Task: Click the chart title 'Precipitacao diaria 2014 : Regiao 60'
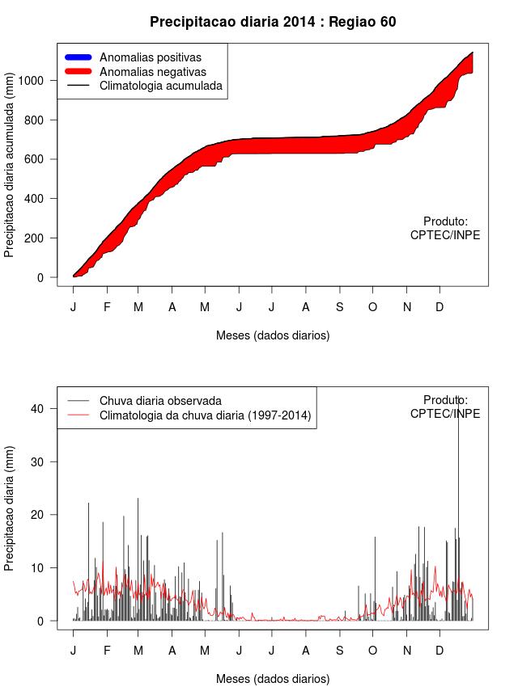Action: tap(273, 22)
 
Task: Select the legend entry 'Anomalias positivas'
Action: tap(150, 57)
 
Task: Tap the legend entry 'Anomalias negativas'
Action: tap(151, 72)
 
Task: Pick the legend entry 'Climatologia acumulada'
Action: tap(160, 86)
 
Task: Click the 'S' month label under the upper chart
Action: tap(340, 307)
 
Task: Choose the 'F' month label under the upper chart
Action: tap(106, 307)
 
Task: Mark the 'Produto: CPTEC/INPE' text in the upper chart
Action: tap(445, 229)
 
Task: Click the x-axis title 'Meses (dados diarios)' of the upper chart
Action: tap(273, 335)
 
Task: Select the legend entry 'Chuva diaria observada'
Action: tap(160, 400)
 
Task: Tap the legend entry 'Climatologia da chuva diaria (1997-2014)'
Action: tap(205, 415)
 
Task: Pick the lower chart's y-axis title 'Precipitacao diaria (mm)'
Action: tap(10, 508)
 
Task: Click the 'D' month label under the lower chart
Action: tap(439, 651)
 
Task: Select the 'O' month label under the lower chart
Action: tap(372, 651)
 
